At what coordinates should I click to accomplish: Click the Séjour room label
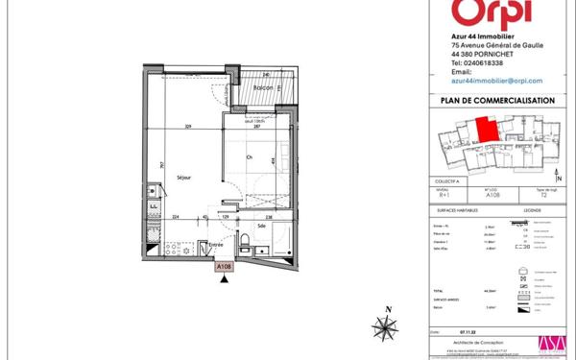185,177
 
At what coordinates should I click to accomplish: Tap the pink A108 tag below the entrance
224,266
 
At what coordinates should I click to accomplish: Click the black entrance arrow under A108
224,279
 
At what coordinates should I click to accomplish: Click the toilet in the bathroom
246,239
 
